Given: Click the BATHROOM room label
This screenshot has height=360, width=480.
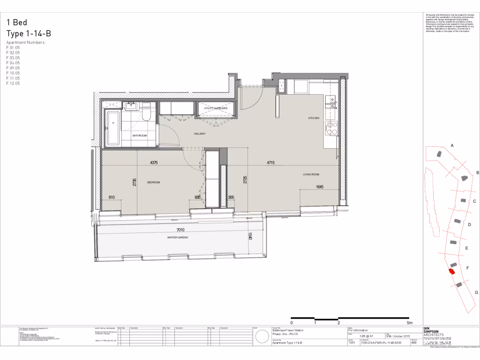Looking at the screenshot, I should (139, 135).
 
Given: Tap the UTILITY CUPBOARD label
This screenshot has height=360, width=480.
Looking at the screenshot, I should (216, 108).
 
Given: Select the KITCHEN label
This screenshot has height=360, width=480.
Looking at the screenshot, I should (314, 118).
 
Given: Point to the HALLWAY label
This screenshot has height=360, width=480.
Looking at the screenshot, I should (200, 134).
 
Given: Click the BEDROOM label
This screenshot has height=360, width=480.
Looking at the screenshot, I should (154, 182).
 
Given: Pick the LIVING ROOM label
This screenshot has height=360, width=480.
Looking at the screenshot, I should (311, 174).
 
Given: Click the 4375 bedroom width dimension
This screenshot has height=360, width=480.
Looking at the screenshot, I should (154, 163).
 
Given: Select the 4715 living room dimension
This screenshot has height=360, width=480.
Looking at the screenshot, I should (270, 163).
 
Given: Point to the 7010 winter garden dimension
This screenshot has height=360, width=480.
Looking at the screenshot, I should (180, 230).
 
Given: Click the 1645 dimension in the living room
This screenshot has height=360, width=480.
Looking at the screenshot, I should (320, 187).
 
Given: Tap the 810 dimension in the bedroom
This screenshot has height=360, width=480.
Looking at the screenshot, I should (111, 197).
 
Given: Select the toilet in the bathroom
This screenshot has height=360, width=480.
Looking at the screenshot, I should (146, 115).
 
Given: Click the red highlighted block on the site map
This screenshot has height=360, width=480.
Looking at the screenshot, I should (452, 271).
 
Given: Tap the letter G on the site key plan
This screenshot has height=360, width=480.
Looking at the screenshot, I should (476, 292).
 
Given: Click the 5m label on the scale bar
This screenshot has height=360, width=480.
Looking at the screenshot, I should (409, 323).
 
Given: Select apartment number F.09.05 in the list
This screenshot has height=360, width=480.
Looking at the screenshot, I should (13, 68).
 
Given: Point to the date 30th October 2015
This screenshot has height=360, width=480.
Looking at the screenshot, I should (397, 336).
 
